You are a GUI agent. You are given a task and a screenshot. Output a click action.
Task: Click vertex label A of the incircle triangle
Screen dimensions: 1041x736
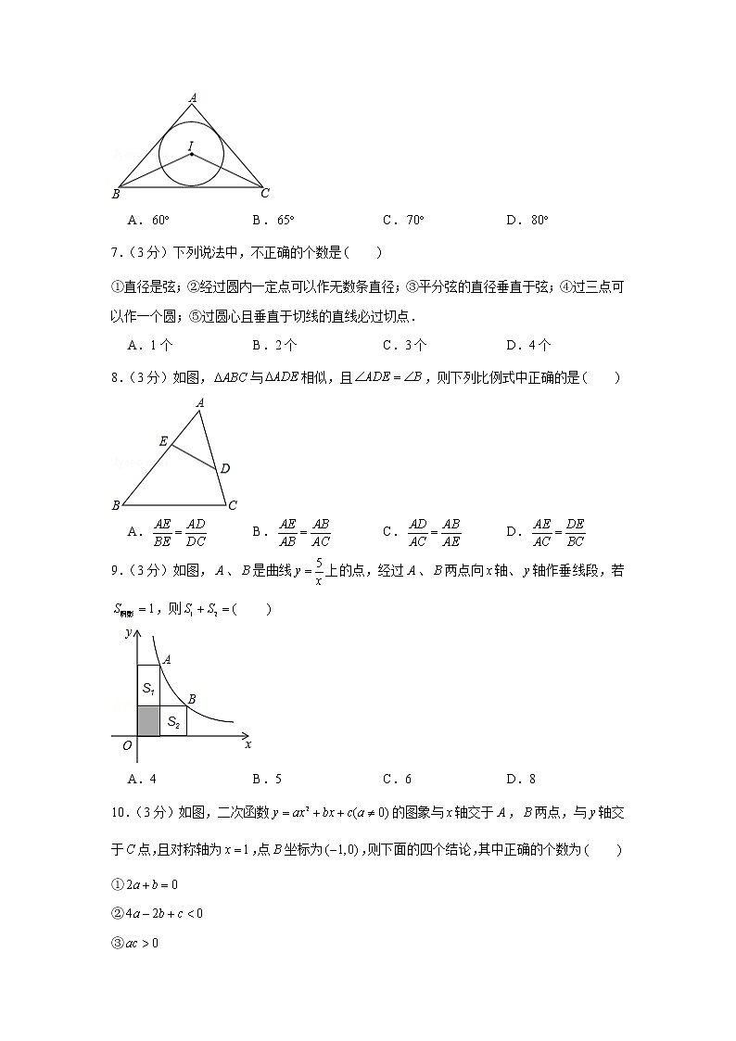[x=193, y=96]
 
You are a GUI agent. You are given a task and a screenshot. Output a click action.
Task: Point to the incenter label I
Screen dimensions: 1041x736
[x=190, y=146]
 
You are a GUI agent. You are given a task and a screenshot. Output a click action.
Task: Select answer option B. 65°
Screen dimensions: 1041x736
[x=273, y=220]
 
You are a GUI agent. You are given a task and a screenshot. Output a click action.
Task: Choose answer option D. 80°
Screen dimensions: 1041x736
[x=527, y=220]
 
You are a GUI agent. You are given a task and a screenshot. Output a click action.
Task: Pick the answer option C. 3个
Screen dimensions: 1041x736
[x=404, y=345]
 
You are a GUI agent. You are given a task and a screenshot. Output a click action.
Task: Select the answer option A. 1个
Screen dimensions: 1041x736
[x=150, y=345]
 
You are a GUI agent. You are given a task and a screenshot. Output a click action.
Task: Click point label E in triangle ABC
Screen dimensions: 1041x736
[x=163, y=442]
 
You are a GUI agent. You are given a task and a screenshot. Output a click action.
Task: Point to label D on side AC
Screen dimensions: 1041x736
[x=224, y=469]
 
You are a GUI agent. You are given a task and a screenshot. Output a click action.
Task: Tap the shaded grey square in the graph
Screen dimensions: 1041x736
[x=148, y=721]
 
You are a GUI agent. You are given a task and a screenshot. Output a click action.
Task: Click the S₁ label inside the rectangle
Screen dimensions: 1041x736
[x=148, y=688]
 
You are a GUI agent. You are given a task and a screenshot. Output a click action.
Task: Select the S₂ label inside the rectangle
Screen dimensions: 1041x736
[x=173, y=721]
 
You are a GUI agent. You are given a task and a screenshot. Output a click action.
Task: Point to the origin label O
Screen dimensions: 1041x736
[x=127, y=744]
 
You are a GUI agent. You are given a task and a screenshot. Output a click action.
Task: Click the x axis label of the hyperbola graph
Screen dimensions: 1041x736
[x=247, y=743]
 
